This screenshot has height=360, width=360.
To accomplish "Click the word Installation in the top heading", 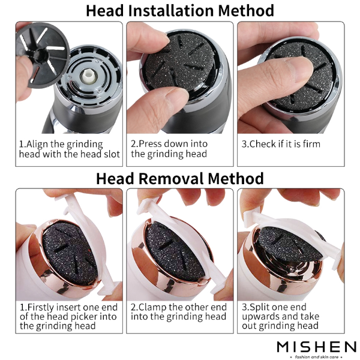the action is coord(171,11).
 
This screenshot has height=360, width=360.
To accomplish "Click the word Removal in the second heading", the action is coord(171,179).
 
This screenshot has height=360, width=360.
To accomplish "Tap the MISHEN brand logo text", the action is coord(317,347).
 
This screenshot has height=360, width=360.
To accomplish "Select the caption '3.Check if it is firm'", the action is coord(281,144).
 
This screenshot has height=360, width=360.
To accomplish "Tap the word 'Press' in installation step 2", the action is coord(151,144).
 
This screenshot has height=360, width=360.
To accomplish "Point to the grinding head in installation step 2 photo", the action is coord(179,62).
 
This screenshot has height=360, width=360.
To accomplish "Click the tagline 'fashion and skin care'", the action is coord(317,357).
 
